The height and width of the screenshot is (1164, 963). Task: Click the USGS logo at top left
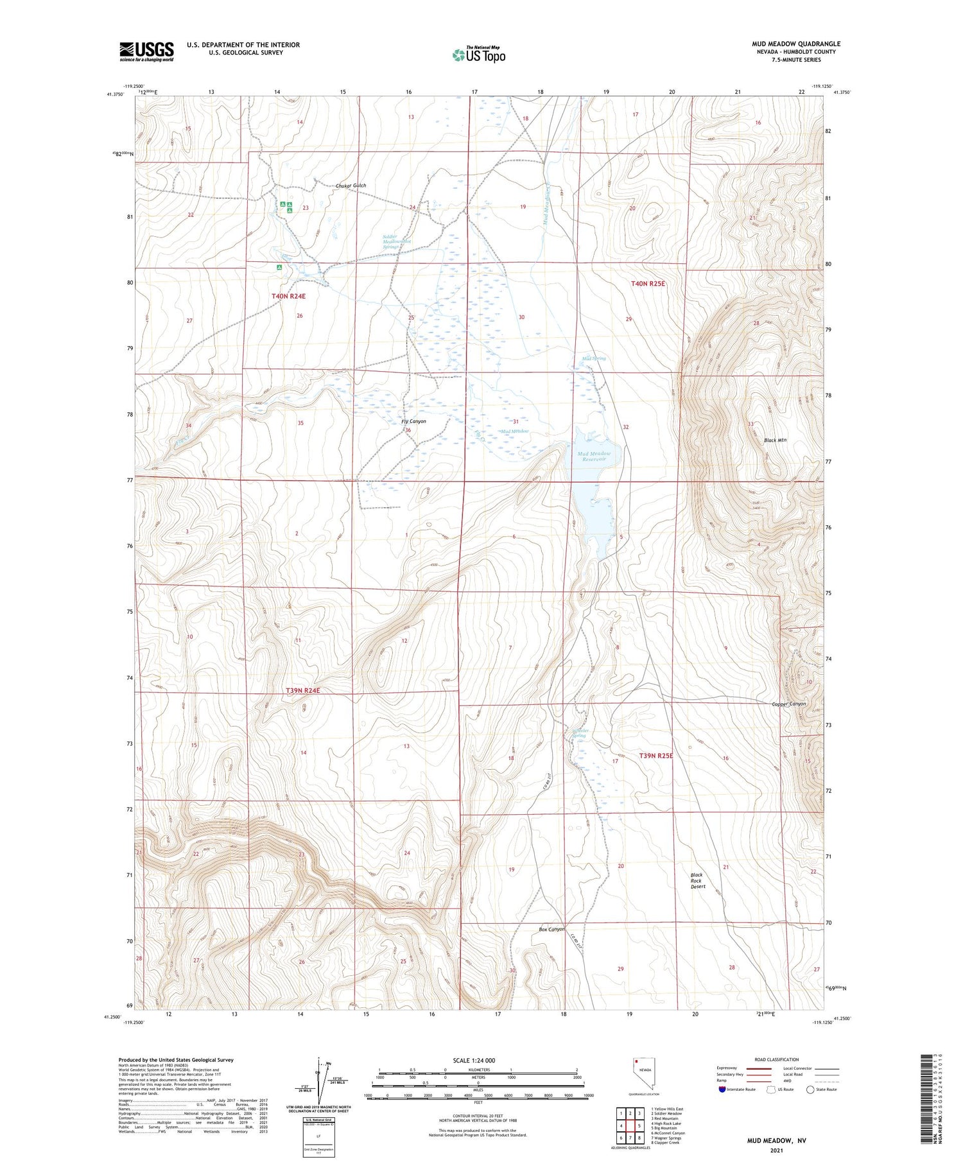click(x=146, y=51)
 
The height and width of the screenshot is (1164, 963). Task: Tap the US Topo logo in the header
click(x=479, y=55)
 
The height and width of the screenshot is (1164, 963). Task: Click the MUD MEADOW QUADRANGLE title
click(x=796, y=44)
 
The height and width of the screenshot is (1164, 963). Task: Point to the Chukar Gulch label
click(x=351, y=186)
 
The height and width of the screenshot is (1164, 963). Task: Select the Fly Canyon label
click(x=413, y=421)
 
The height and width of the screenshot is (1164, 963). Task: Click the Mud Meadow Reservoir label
click(x=594, y=456)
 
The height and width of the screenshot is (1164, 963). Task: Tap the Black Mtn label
click(x=775, y=440)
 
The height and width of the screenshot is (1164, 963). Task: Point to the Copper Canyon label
click(x=788, y=704)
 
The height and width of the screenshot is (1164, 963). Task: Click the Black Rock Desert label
click(x=698, y=880)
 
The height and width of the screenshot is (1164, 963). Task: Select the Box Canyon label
click(x=551, y=929)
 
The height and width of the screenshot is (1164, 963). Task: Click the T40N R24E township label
click(x=288, y=296)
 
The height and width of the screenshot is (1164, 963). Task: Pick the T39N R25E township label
click(x=656, y=756)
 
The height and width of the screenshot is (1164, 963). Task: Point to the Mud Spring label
click(x=593, y=358)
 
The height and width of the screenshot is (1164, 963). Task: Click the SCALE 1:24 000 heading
click(x=474, y=1060)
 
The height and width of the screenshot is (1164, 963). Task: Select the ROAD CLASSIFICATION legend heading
click(x=777, y=1059)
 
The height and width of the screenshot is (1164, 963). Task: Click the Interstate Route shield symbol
click(x=722, y=1090)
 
